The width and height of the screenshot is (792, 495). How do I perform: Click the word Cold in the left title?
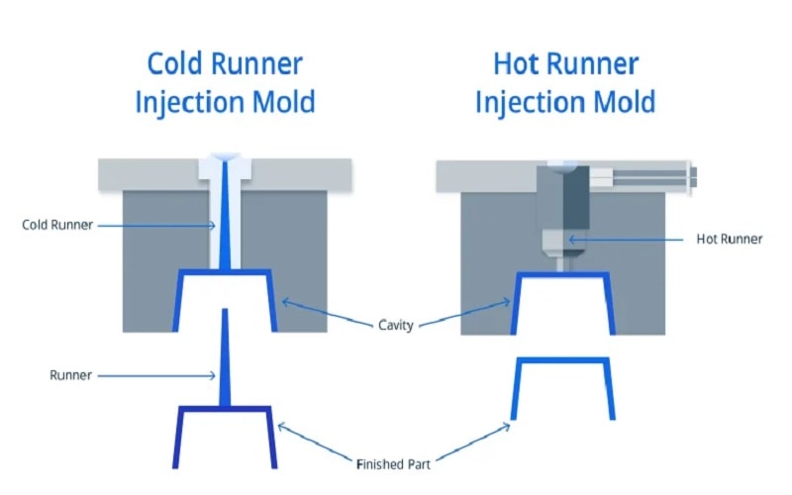pos(175,63)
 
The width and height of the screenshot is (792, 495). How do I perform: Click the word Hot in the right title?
pos(518,63)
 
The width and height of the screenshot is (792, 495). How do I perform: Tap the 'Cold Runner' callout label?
pos(57,225)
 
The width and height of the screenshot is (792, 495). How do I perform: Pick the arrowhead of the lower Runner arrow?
pos(216,375)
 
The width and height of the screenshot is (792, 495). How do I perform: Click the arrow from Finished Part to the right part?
pos(475,441)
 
